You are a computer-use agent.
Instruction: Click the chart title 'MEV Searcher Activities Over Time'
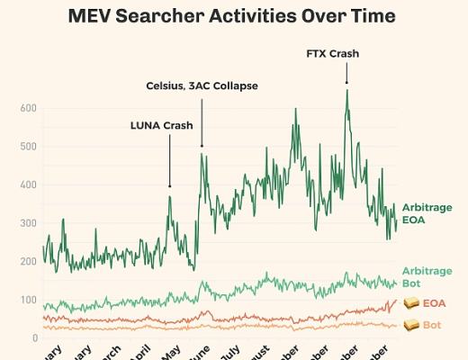click(233, 15)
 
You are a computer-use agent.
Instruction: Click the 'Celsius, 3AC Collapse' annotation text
click(202, 85)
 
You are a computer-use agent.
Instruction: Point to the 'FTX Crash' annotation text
click(333, 53)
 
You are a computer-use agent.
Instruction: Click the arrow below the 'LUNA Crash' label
click(169, 162)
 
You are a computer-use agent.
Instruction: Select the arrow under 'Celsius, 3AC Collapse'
click(202, 121)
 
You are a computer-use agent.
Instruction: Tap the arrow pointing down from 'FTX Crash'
click(346, 73)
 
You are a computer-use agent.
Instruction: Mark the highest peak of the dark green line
click(346, 90)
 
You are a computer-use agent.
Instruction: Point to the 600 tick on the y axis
click(29, 108)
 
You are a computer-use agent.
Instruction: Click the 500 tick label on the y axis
click(29, 147)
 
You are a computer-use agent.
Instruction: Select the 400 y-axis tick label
click(29, 184)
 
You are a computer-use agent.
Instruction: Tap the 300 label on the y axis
click(29, 223)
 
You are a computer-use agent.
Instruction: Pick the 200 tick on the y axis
click(29, 261)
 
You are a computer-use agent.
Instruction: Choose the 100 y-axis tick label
click(29, 300)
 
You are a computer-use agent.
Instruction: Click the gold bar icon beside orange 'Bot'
click(411, 324)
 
